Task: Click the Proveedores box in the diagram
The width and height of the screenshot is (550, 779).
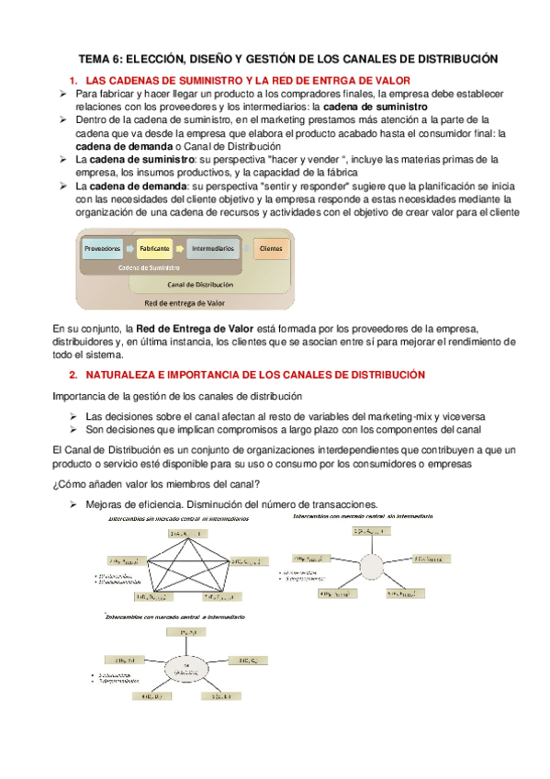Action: click(103, 248)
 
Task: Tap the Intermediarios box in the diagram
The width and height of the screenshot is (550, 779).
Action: click(212, 248)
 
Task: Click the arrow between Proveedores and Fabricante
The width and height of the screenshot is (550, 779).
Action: click(129, 248)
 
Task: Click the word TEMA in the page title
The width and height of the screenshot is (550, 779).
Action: click(94, 59)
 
